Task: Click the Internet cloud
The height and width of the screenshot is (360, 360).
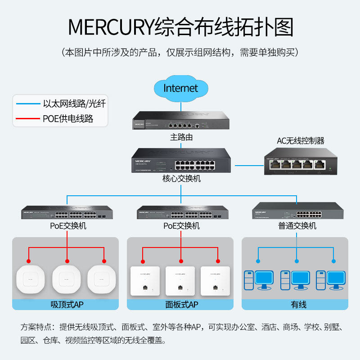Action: [180, 88]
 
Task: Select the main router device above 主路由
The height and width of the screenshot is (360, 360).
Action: [181, 121]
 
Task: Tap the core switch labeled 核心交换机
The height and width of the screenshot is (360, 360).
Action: [181, 160]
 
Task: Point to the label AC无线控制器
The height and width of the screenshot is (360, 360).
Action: [300, 141]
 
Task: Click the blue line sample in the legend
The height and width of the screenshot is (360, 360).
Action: [28, 104]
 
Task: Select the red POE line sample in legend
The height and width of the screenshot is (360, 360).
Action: [28, 119]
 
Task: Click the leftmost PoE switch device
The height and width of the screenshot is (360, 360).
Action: [67, 213]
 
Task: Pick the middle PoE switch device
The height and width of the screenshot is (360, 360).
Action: [181, 213]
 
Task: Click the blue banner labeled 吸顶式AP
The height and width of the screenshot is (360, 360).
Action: [67, 305]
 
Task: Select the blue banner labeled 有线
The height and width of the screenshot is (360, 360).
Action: [295, 305]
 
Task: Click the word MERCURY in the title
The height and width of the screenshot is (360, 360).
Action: [111, 27]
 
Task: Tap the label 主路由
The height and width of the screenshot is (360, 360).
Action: [181, 137]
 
